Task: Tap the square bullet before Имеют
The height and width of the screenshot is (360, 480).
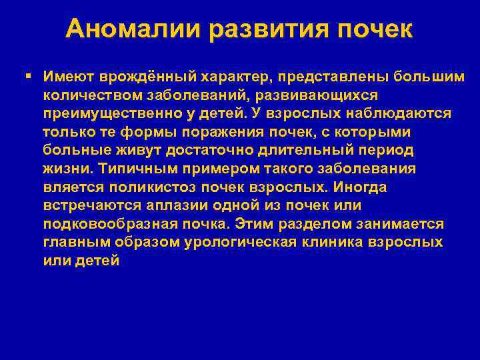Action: (27, 77)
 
